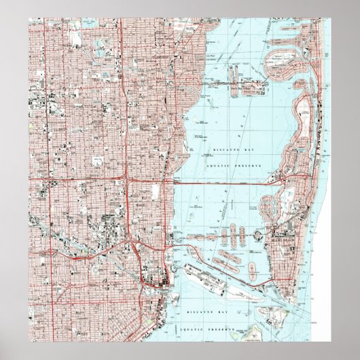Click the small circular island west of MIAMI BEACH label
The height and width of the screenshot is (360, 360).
coord(259,233)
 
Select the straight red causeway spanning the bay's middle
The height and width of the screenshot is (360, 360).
coord(224,183)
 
